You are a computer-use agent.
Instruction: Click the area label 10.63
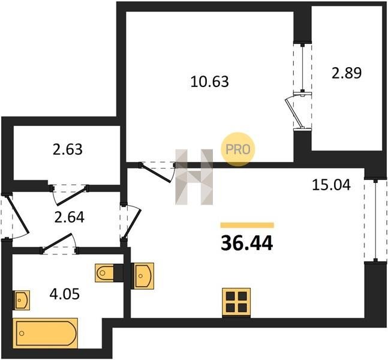209,82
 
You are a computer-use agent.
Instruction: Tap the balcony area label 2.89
347,73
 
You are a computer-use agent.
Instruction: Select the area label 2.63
68,149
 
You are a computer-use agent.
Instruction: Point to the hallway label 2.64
70,217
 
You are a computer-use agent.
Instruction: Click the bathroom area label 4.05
65,294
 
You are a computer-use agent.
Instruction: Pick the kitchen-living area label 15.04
332,185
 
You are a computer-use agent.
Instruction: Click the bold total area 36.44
247,243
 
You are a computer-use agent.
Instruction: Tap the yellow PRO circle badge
238,149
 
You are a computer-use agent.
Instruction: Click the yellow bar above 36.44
247,225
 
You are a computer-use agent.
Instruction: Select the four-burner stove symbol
236,302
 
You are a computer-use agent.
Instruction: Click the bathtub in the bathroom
46,333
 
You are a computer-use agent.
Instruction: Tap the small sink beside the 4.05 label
21,300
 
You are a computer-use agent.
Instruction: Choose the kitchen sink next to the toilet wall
143,276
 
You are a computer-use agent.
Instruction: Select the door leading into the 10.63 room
158,172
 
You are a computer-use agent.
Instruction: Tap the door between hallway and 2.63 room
70,194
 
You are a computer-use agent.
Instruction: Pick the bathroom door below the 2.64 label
60,244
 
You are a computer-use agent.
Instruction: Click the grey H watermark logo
194,177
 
